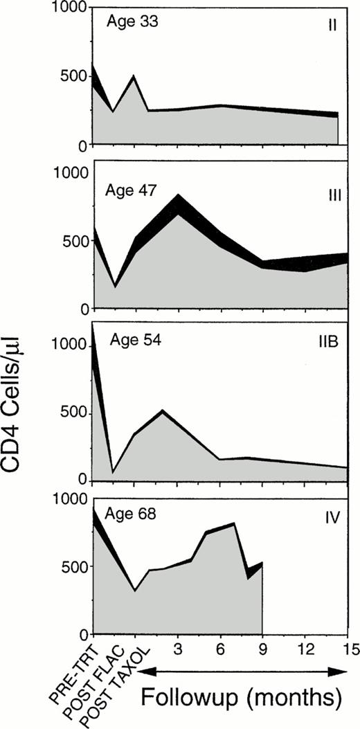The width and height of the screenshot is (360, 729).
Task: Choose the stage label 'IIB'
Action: tap(328, 342)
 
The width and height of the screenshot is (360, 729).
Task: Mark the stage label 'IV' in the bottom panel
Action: tap(331, 516)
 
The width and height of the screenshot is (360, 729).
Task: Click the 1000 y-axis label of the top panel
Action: tap(70, 9)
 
